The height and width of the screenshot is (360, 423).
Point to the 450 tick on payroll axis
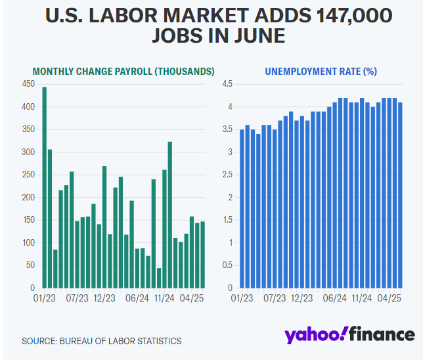click(x=28, y=84)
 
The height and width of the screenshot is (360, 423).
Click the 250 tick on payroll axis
click(x=28, y=175)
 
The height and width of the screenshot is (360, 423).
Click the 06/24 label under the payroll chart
click(x=137, y=298)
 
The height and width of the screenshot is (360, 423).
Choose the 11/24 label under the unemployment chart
click(x=363, y=298)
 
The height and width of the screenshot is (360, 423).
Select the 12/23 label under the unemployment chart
click(x=302, y=298)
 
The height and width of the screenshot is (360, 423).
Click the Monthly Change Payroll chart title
click(x=123, y=71)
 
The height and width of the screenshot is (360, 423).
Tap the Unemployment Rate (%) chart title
click(x=321, y=71)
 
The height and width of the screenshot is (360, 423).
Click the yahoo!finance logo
click(x=349, y=334)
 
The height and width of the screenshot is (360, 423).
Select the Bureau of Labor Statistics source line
click(x=101, y=341)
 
